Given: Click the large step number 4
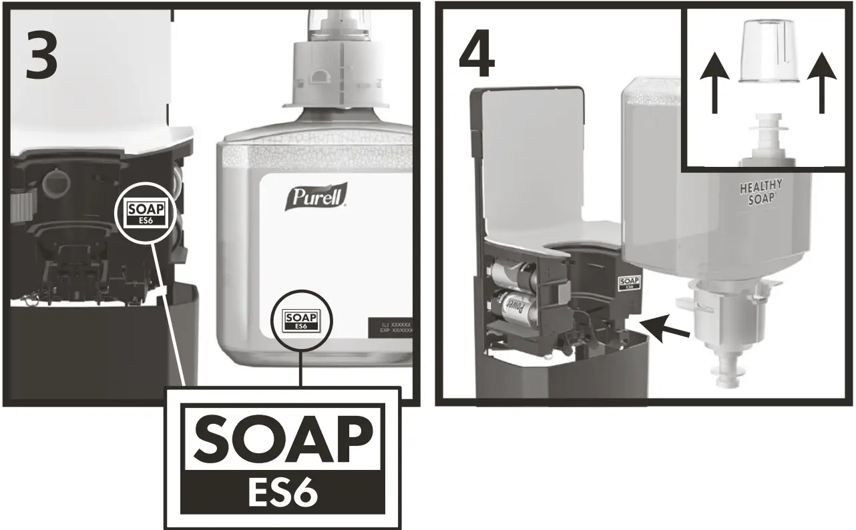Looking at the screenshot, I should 477,57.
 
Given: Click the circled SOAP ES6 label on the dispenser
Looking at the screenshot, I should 148,213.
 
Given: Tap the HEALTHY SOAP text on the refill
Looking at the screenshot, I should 761,193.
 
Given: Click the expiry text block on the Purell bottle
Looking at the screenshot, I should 391,328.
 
